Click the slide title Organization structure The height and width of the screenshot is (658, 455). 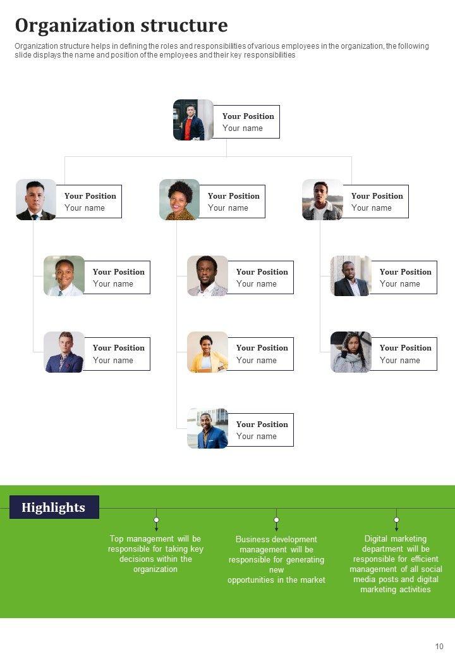point(121,26)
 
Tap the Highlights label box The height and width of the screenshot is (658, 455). point(54,507)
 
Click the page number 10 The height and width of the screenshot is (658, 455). point(439,646)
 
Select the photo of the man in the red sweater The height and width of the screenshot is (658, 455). point(193,120)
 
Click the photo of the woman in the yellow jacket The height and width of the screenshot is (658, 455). point(207,352)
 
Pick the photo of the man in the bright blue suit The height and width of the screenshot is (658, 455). point(207,428)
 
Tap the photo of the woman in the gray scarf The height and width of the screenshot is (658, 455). point(351,352)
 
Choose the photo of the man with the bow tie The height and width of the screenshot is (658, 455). point(64,352)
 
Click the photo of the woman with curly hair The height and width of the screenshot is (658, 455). point(179,199)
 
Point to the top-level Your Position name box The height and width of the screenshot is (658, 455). point(248,121)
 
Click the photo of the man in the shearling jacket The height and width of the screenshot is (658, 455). point(322,199)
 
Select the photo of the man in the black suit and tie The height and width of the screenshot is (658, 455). point(36,199)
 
